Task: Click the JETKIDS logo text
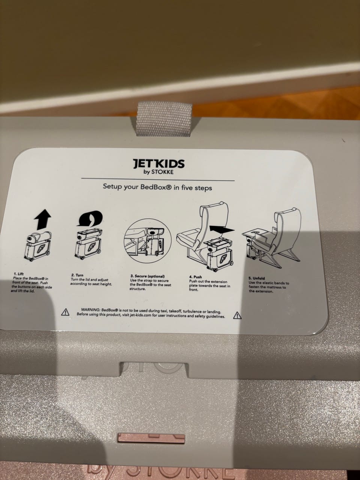(159, 163)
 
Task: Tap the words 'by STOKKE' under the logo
(159, 172)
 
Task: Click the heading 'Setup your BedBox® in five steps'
(157, 187)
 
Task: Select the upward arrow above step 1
(43, 219)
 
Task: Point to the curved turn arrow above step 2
(90, 219)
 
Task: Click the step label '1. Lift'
(19, 274)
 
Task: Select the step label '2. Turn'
(77, 275)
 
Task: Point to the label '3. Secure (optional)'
(147, 276)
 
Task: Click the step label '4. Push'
(195, 277)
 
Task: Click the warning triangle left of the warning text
(65, 312)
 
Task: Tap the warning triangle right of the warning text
(237, 315)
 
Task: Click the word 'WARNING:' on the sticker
(90, 310)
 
